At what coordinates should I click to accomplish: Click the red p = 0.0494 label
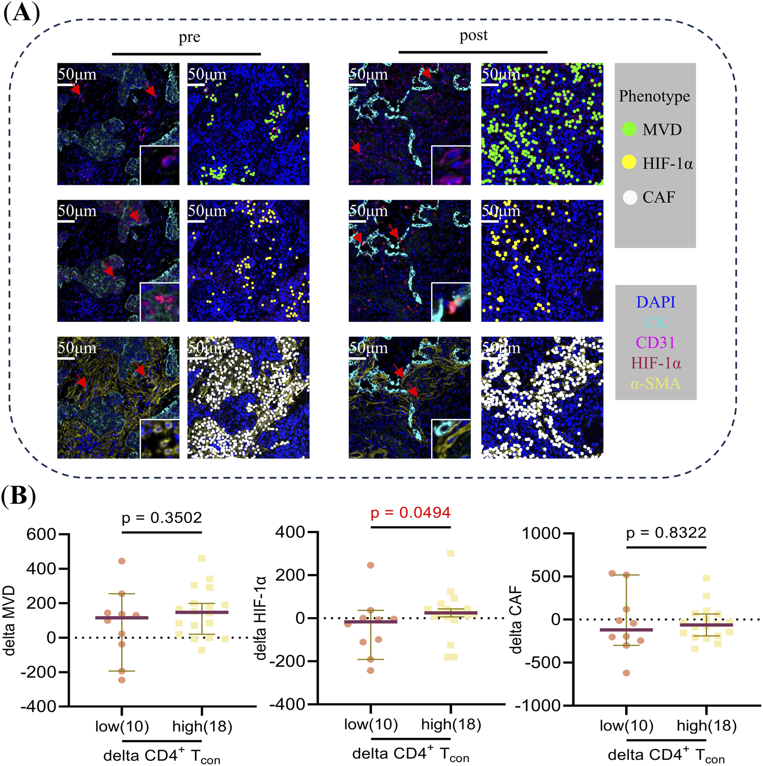410,513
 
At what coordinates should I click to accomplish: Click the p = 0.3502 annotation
162,517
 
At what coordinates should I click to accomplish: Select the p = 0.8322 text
666,533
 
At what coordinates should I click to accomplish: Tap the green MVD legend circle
629,129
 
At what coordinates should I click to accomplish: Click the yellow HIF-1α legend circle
629,163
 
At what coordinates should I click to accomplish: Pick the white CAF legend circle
630,197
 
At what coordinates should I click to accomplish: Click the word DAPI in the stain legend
655,302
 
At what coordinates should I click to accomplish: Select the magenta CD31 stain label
655,343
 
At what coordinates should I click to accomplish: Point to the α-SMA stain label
655,383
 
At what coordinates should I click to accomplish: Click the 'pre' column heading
189,37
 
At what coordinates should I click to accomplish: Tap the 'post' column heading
473,35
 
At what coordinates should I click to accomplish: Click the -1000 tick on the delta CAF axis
541,706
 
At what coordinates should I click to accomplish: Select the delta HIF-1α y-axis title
261,618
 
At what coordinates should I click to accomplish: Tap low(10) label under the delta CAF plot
626,726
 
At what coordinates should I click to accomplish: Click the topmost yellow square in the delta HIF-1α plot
450,553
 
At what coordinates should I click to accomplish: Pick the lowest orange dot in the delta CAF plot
627,673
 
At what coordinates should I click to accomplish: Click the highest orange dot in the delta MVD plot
122,561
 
